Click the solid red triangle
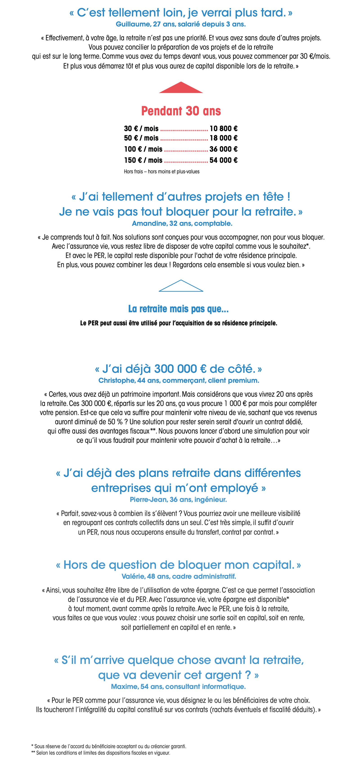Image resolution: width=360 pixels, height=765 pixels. (x=181, y=88)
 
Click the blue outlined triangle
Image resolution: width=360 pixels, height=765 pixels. (x=181, y=287)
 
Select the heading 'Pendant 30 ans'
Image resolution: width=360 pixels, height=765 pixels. (x=181, y=111)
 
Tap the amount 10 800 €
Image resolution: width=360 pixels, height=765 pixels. (x=223, y=129)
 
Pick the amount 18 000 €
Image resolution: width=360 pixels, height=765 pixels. (x=223, y=138)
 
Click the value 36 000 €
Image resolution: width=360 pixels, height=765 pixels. (x=223, y=149)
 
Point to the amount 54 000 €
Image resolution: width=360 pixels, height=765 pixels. (x=223, y=160)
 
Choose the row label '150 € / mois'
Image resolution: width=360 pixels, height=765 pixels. (x=143, y=160)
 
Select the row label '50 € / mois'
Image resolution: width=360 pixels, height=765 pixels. (x=141, y=138)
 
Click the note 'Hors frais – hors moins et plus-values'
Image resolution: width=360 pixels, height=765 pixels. (x=162, y=172)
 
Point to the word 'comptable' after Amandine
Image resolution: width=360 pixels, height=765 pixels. (x=217, y=224)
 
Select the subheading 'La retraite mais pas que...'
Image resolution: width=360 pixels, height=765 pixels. (x=178, y=309)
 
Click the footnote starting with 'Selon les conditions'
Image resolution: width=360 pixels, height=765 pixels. (x=103, y=753)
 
